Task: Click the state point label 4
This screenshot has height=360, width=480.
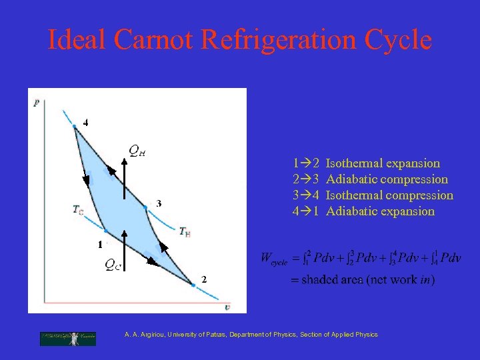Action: [x=85, y=123]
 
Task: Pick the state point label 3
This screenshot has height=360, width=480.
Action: [x=158, y=203]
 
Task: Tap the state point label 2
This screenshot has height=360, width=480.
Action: [x=203, y=279]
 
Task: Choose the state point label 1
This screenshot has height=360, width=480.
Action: [x=99, y=245]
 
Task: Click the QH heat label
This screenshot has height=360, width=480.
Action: [x=137, y=151]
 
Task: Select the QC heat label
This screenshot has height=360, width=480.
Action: [x=113, y=265]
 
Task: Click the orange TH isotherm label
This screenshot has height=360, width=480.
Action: [x=185, y=231]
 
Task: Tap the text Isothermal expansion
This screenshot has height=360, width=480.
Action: [x=383, y=163]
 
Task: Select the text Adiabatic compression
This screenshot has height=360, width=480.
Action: [x=387, y=179]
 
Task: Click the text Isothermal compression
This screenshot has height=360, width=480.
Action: [x=389, y=195]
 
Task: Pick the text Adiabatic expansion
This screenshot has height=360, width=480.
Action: [x=380, y=211]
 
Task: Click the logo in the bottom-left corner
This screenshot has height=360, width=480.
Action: [x=67, y=338]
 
